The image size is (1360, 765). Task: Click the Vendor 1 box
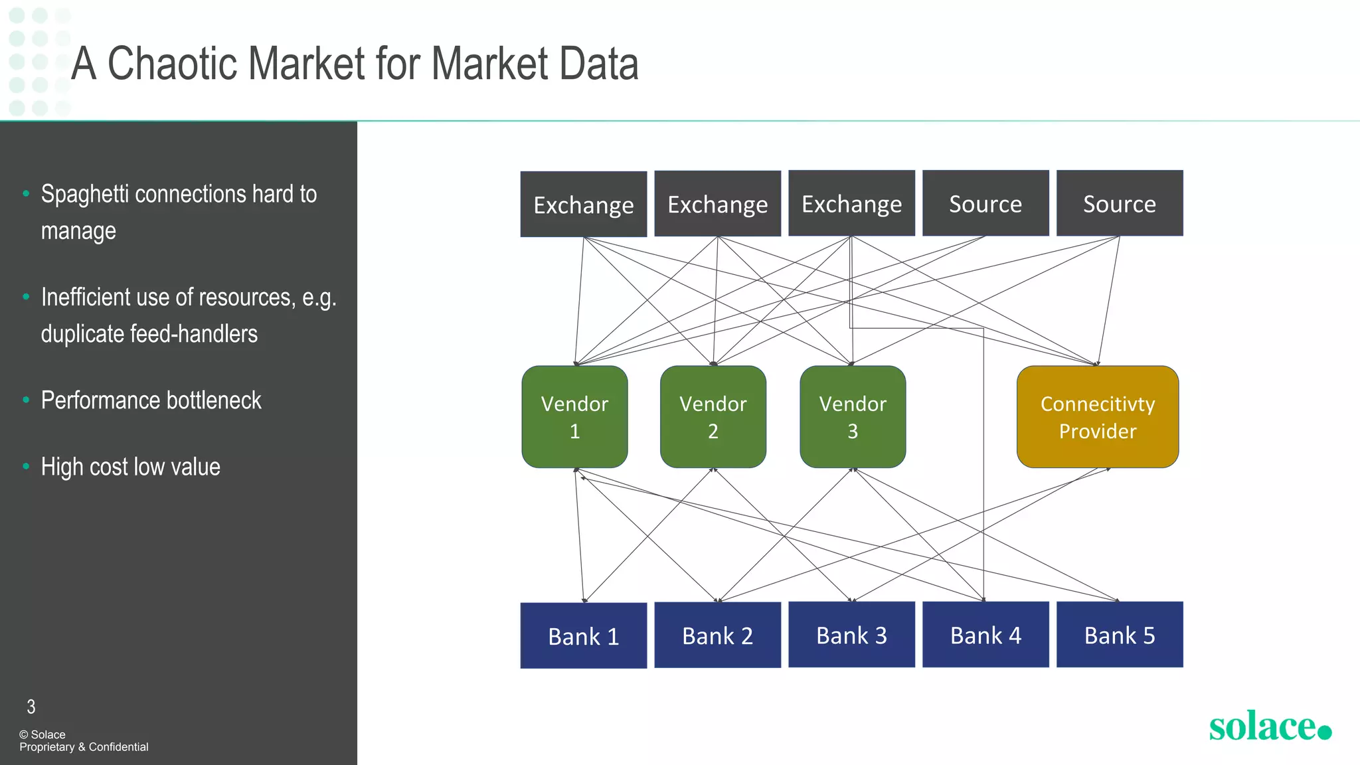574,417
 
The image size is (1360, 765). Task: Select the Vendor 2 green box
713,417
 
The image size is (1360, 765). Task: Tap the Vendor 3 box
853,417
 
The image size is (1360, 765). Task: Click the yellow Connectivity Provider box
1097,417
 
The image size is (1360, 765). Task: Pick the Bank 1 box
583,636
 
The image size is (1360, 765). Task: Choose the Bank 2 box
717,635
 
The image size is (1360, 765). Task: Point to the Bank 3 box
851,635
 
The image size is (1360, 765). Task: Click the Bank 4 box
985,635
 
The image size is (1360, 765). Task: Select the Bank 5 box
1120,635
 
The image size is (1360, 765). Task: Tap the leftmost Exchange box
583,205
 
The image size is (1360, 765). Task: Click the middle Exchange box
717,204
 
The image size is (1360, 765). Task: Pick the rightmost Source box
1120,203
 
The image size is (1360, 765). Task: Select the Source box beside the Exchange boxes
985,203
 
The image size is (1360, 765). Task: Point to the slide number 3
31,707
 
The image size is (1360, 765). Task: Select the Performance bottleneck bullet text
151,400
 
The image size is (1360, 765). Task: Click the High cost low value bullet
130,467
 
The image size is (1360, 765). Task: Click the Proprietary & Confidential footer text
84,747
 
